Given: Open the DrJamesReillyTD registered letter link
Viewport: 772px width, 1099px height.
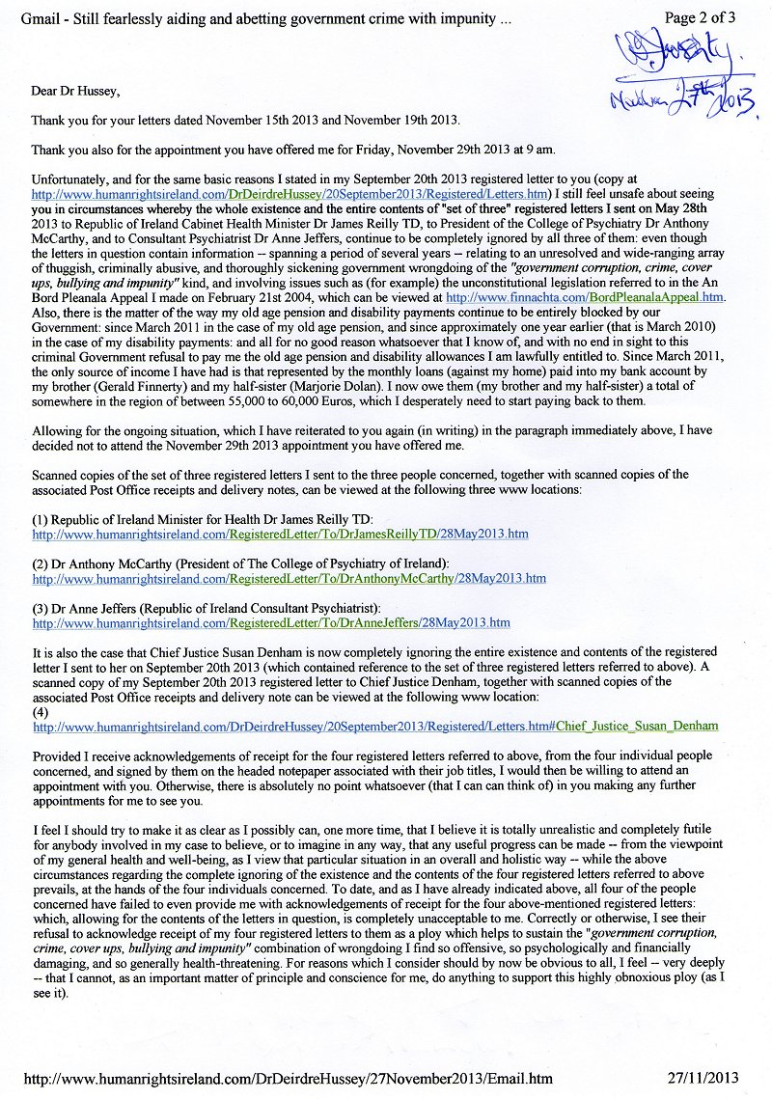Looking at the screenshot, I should point(280,534).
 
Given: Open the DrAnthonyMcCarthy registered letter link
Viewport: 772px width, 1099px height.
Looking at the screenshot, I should point(289,579).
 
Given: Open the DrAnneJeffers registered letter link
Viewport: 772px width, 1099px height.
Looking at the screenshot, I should point(271,623).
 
